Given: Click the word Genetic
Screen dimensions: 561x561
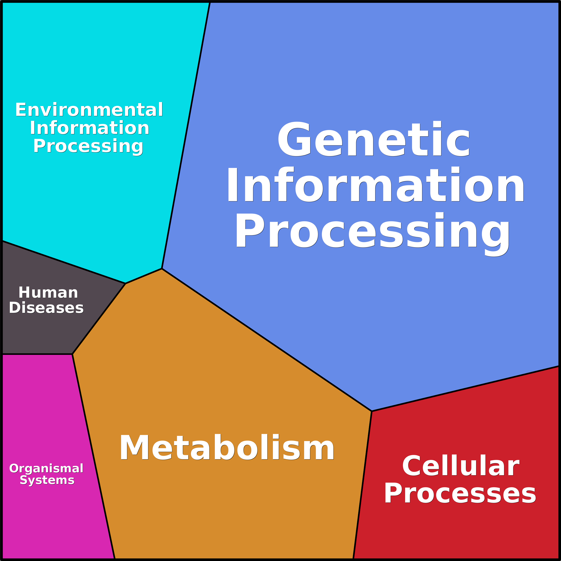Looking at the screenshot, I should tap(374, 139).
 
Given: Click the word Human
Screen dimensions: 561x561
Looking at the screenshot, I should tap(48, 293).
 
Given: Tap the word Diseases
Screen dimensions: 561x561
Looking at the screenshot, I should tap(46, 308).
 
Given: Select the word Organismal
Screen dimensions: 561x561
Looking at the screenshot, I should tap(46, 468).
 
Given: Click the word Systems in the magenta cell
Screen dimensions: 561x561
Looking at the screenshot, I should tap(47, 480).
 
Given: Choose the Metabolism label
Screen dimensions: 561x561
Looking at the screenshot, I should tap(227, 448).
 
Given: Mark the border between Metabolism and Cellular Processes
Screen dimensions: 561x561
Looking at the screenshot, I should tap(362, 485).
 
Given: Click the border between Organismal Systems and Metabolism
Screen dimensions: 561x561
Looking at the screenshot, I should tap(94, 456).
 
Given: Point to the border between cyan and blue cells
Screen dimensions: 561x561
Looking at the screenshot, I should tap(186, 135).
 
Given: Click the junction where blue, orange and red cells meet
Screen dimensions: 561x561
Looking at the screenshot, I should tap(372, 411).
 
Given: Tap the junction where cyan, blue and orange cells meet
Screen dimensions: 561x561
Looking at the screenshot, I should tap(162, 269).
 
